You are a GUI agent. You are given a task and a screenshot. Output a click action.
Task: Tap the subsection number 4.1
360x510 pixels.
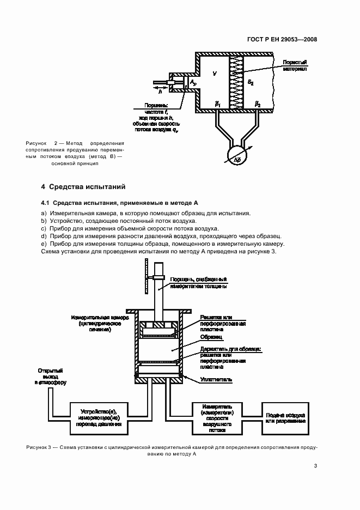(x=46, y=203)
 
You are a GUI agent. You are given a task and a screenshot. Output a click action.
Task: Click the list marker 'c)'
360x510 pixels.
(x=44, y=229)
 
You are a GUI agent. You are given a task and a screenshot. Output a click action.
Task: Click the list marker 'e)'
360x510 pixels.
(x=44, y=245)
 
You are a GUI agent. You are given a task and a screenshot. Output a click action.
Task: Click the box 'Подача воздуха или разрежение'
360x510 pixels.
(x=285, y=417)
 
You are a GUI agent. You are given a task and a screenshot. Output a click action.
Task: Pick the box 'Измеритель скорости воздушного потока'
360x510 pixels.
(x=218, y=417)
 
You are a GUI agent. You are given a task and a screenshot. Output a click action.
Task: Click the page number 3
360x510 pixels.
(x=315, y=466)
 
